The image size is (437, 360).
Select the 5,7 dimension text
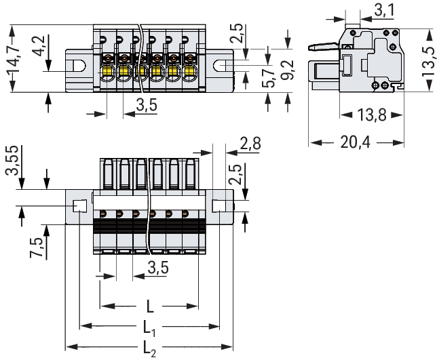269,78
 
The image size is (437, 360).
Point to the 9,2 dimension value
289,71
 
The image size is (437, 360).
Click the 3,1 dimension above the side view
383,10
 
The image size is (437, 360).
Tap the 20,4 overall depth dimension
358,142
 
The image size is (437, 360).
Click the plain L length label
150,306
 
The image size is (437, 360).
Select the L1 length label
151,330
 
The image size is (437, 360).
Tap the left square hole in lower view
79,206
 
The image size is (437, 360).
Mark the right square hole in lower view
219,206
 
